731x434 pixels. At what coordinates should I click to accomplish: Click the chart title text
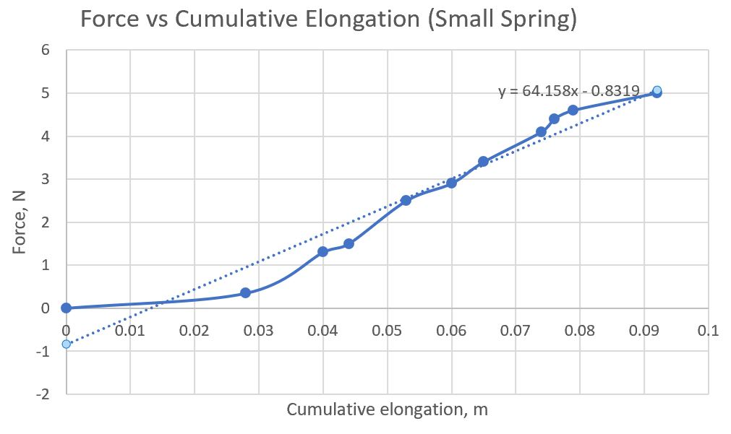pyautogui.click(x=329, y=19)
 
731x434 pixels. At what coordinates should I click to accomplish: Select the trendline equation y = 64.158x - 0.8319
pyautogui.click(x=568, y=91)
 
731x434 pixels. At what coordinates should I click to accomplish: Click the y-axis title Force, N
pyautogui.click(x=21, y=222)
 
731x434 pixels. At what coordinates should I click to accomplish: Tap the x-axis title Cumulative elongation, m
pyautogui.click(x=387, y=410)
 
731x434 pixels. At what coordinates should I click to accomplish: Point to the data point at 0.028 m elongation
pyautogui.click(x=246, y=292)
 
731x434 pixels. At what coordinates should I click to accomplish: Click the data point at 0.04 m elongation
pyautogui.click(x=322, y=251)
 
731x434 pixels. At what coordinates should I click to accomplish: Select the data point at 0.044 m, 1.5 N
pyautogui.click(x=349, y=243)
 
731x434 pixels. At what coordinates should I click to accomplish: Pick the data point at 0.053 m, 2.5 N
pyautogui.click(x=406, y=200)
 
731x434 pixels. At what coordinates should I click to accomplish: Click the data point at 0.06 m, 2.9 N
pyautogui.click(x=451, y=183)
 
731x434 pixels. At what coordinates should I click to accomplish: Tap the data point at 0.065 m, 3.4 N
pyautogui.click(x=483, y=162)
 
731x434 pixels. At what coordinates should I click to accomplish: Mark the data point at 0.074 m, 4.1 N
pyautogui.click(x=541, y=131)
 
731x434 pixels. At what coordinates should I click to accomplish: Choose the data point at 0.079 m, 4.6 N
pyautogui.click(x=573, y=110)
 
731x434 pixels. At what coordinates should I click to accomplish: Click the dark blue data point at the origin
pyautogui.click(x=67, y=308)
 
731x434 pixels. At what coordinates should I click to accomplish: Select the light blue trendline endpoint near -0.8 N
pyautogui.click(x=67, y=344)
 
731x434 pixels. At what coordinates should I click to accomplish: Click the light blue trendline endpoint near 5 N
pyautogui.click(x=657, y=90)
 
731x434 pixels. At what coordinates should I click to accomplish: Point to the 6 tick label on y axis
pyautogui.click(x=46, y=50)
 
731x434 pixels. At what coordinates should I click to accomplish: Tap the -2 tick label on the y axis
pyautogui.click(x=43, y=394)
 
